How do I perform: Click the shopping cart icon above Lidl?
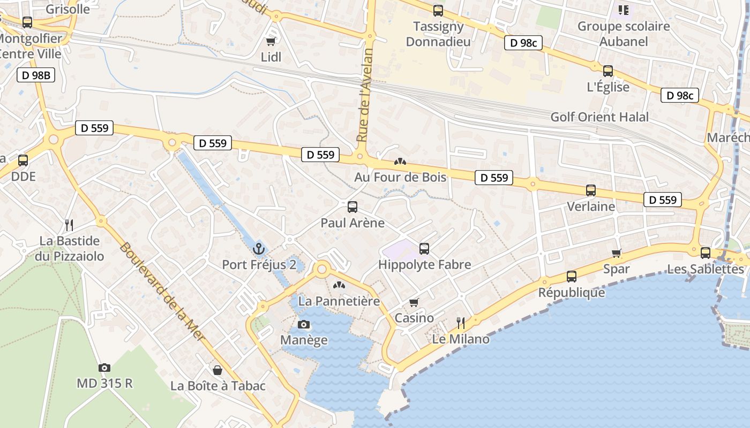click(271, 41)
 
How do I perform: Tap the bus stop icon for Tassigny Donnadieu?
click(438, 10)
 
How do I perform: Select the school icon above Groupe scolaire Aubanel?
click(623, 10)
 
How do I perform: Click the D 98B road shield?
click(36, 75)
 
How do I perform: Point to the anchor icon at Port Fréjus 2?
click(259, 249)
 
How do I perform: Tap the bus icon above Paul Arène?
click(352, 207)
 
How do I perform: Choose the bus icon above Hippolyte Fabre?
click(424, 248)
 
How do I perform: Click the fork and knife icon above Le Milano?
click(460, 323)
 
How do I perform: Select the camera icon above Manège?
click(304, 324)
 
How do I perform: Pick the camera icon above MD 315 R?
click(104, 368)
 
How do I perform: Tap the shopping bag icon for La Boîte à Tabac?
click(217, 370)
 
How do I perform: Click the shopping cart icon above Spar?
click(617, 253)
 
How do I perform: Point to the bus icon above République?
click(572, 277)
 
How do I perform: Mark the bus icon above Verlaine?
click(591, 190)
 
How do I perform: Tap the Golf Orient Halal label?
click(599, 117)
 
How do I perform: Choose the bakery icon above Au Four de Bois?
click(400, 161)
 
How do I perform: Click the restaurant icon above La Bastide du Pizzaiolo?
click(69, 225)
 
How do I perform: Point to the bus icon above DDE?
click(23, 160)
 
